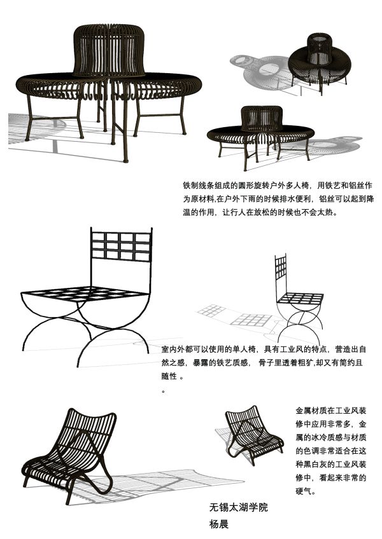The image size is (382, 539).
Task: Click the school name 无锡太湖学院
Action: click(x=238, y=507)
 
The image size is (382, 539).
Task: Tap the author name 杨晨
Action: click(x=219, y=524)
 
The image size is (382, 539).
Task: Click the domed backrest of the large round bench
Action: click(x=109, y=50)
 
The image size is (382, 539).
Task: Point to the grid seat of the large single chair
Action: click(x=85, y=294)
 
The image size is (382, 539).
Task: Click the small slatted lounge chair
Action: click(x=254, y=435)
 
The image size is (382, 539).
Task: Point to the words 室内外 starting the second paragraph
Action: click(x=173, y=350)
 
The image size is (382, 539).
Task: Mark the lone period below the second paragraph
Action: click(x=163, y=391)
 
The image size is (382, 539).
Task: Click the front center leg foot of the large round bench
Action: click(x=125, y=160)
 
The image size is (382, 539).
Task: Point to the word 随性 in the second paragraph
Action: click(x=169, y=376)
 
